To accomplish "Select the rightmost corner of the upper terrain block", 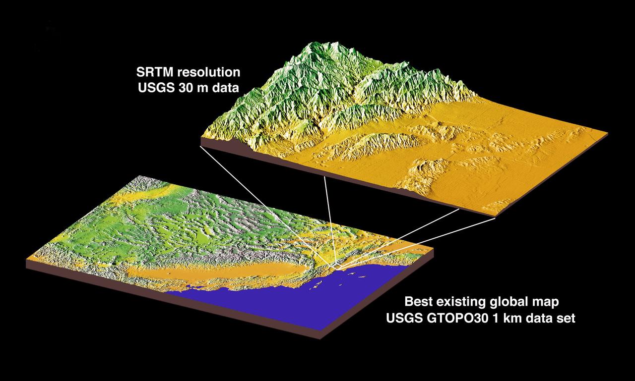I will pos(608,133).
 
